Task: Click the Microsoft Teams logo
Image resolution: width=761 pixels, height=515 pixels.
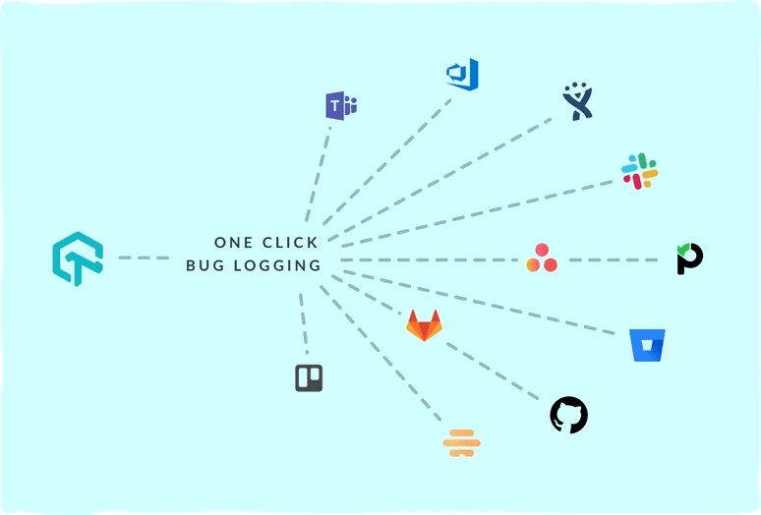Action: [x=340, y=105]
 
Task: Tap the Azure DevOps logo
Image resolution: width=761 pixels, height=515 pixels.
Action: [x=462, y=75]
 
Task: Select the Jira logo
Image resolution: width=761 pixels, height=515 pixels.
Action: [x=577, y=101]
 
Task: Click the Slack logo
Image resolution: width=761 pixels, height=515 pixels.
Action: [x=639, y=171]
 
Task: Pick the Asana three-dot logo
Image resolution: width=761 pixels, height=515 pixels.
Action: [x=541, y=258]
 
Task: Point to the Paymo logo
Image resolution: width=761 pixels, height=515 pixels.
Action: [x=689, y=258]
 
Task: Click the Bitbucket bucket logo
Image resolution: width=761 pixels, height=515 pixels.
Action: [x=647, y=345]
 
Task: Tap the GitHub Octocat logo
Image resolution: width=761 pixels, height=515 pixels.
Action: [x=568, y=415]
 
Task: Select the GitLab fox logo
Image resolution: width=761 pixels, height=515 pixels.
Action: [x=424, y=324]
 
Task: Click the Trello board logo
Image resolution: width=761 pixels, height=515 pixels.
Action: [x=309, y=377]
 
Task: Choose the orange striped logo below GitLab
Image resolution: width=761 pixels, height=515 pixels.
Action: [x=461, y=443]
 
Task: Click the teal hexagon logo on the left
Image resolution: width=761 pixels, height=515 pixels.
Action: [x=78, y=258]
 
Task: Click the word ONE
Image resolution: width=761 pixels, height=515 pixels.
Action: [x=234, y=242]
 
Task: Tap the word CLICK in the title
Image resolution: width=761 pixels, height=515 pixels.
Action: [x=292, y=242]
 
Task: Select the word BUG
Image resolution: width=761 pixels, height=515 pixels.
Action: [x=206, y=265]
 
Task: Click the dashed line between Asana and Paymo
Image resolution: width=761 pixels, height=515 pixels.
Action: [x=615, y=260]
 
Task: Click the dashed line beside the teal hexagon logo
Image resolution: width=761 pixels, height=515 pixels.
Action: [x=144, y=258]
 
